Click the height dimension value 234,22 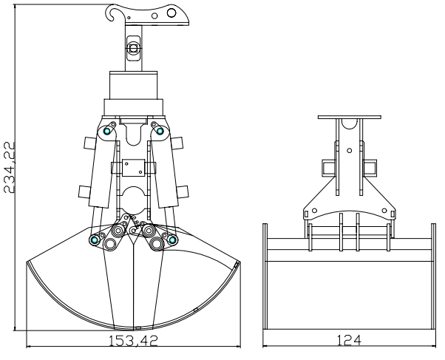(9, 168)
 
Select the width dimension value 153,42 (133, 340)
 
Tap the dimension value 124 (349, 340)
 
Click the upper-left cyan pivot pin (107, 131)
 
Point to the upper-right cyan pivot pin (160, 131)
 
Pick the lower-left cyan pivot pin (95, 240)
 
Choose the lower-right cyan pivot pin (172, 240)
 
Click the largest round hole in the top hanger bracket (171, 13)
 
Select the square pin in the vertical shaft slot (133, 48)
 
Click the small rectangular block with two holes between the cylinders (133, 168)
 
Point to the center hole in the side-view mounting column (350, 151)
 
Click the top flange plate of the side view (350, 117)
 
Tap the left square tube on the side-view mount (328, 168)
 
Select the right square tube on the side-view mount (370, 168)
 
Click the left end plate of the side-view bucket (265, 276)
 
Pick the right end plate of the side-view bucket (433, 276)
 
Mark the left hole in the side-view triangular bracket (314, 211)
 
